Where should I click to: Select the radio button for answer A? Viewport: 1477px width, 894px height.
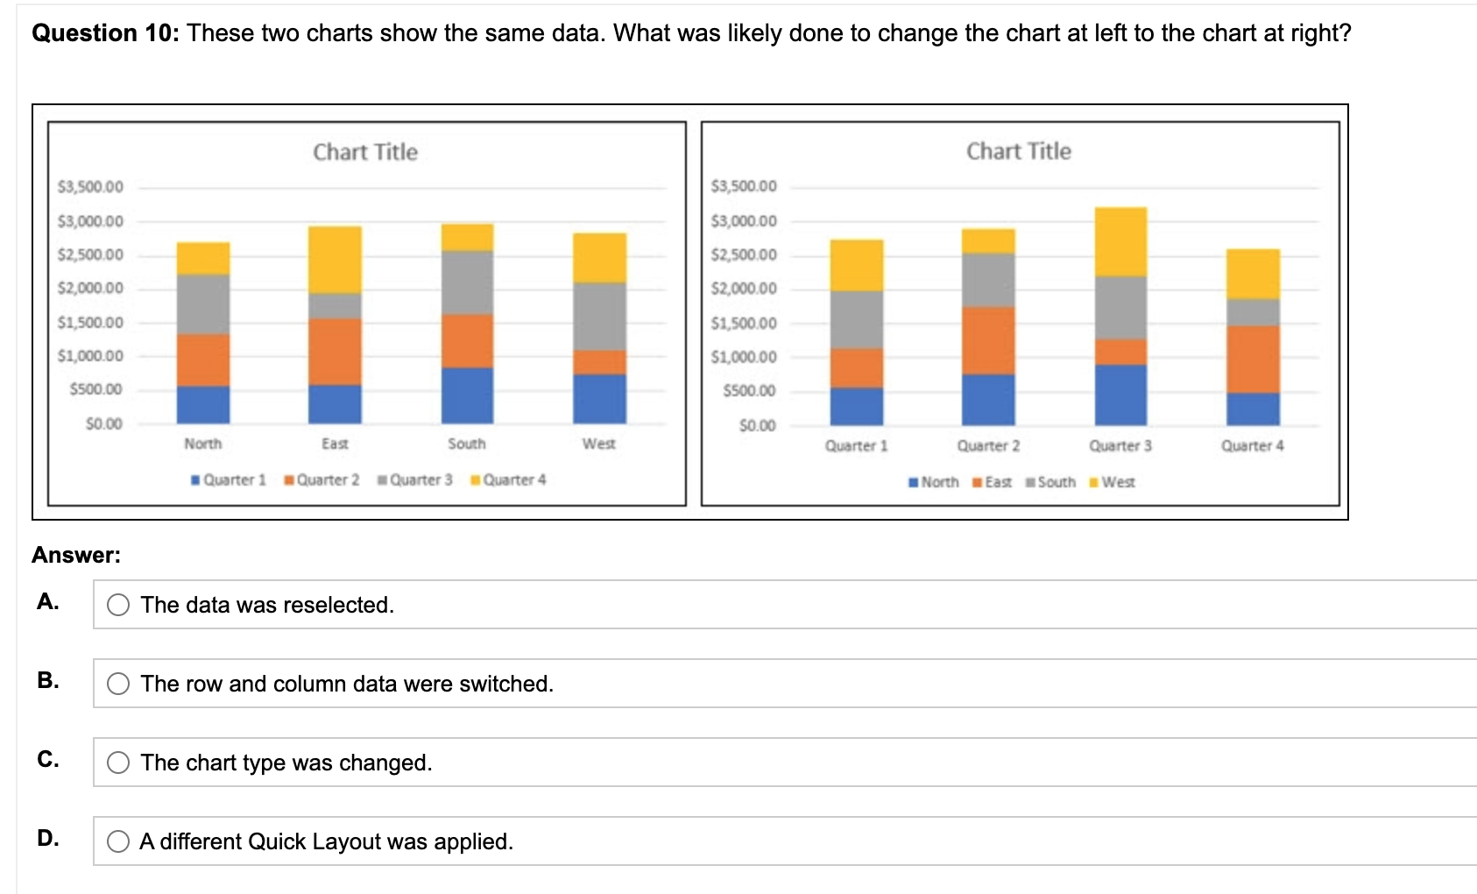pyautogui.click(x=118, y=605)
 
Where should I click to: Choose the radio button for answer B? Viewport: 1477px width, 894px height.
pyautogui.click(x=118, y=684)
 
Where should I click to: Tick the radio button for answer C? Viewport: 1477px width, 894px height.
pyautogui.click(x=118, y=763)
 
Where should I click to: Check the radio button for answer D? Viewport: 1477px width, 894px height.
pyautogui.click(x=118, y=841)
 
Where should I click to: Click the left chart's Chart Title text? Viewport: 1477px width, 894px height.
pyautogui.click(x=365, y=153)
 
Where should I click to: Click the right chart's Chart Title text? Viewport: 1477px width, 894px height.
pyautogui.click(x=1019, y=152)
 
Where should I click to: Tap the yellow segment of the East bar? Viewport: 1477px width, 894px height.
pyautogui.click(x=335, y=259)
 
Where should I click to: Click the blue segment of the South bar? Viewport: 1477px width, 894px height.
pyautogui.click(x=467, y=395)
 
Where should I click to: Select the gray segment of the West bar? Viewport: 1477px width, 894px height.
pyautogui.click(x=599, y=316)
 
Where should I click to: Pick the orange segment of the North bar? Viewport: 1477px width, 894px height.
pyautogui.click(x=203, y=360)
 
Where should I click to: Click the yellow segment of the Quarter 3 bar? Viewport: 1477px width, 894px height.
pyautogui.click(x=1120, y=242)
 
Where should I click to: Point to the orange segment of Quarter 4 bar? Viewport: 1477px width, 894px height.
pyautogui.click(x=1253, y=359)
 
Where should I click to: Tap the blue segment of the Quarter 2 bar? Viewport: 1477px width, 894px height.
pyautogui.click(x=988, y=400)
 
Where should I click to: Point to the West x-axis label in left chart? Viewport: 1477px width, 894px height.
pyautogui.click(x=599, y=444)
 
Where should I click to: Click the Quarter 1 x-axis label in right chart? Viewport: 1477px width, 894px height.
pyautogui.click(x=856, y=446)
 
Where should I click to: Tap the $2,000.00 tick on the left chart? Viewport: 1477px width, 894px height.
pyautogui.click(x=90, y=288)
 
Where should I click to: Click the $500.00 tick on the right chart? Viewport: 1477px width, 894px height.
pyautogui.click(x=749, y=391)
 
